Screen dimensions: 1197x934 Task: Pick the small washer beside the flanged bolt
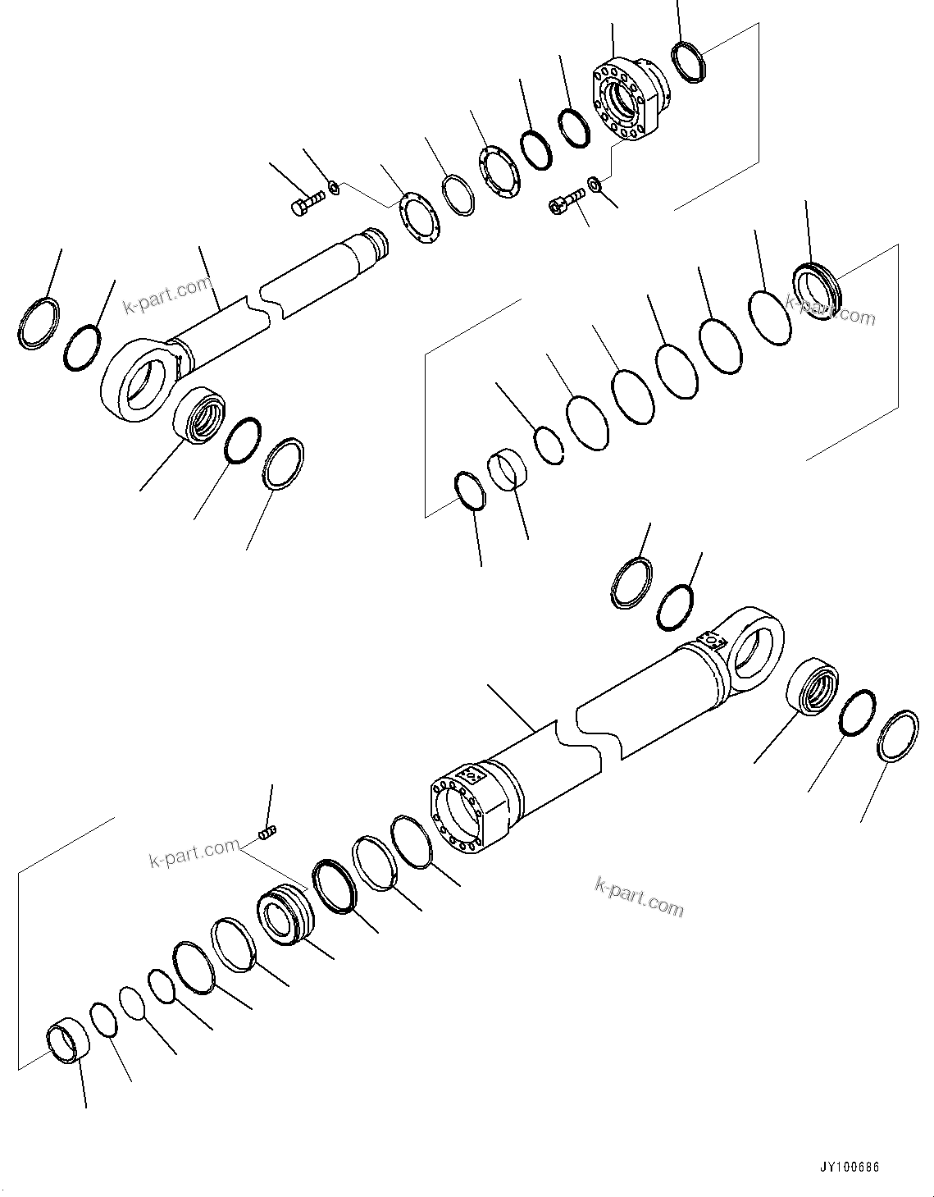(594, 182)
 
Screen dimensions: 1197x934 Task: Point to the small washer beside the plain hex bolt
(334, 189)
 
